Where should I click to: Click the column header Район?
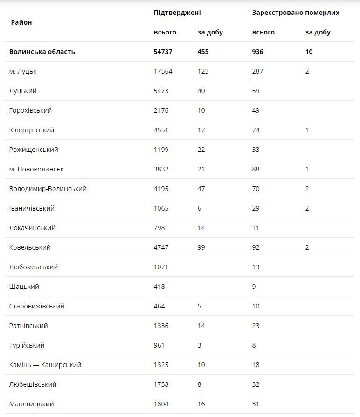pos(21,22)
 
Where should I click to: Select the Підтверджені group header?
pos(177,13)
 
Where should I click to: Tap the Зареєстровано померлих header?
pos(296,13)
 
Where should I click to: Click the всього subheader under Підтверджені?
pos(165,32)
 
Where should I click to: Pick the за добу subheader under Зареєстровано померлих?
pos(318,32)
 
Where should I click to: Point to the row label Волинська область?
pos(42,52)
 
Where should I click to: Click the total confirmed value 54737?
pos(163,52)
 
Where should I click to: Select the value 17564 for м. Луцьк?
pos(163,71)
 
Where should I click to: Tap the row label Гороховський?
pos(30,110)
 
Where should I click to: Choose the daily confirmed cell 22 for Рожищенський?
pos(201,150)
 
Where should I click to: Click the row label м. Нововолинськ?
pos(36,169)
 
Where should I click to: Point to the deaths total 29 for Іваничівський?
pos(256,208)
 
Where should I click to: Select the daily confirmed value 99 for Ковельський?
pos(201,247)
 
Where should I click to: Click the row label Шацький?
pos(24,287)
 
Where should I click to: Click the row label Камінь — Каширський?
pos(45,365)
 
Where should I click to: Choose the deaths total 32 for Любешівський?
pos(256,384)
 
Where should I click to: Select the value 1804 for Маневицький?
pos(161,404)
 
